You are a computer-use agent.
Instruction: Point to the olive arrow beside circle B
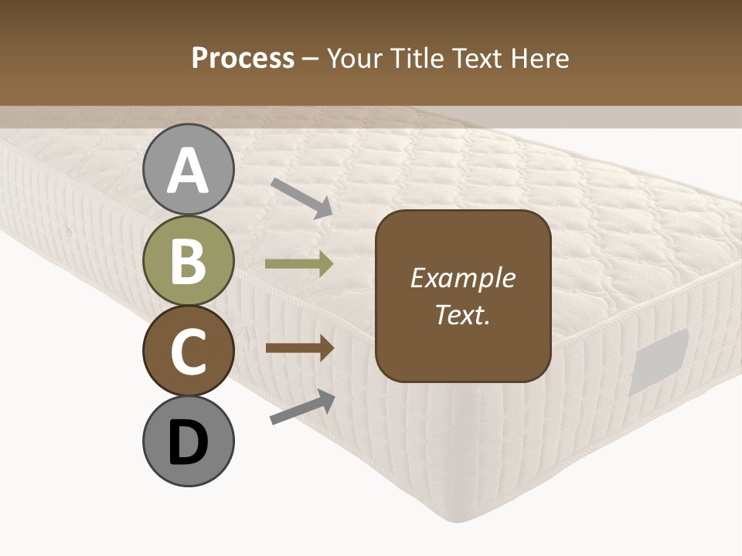(299, 264)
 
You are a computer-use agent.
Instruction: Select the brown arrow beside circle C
(299, 347)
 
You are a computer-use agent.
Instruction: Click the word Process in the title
(243, 58)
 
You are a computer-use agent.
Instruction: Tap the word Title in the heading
(418, 58)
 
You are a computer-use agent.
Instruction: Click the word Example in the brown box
(462, 278)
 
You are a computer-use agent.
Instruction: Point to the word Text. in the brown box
(462, 314)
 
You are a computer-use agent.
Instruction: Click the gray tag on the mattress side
(659, 361)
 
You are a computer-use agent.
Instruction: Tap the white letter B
(189, 260)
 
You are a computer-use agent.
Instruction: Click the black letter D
(189, 442)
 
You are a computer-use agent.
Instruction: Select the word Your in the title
(356, 58)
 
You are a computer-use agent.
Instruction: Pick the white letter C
(189, 351)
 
